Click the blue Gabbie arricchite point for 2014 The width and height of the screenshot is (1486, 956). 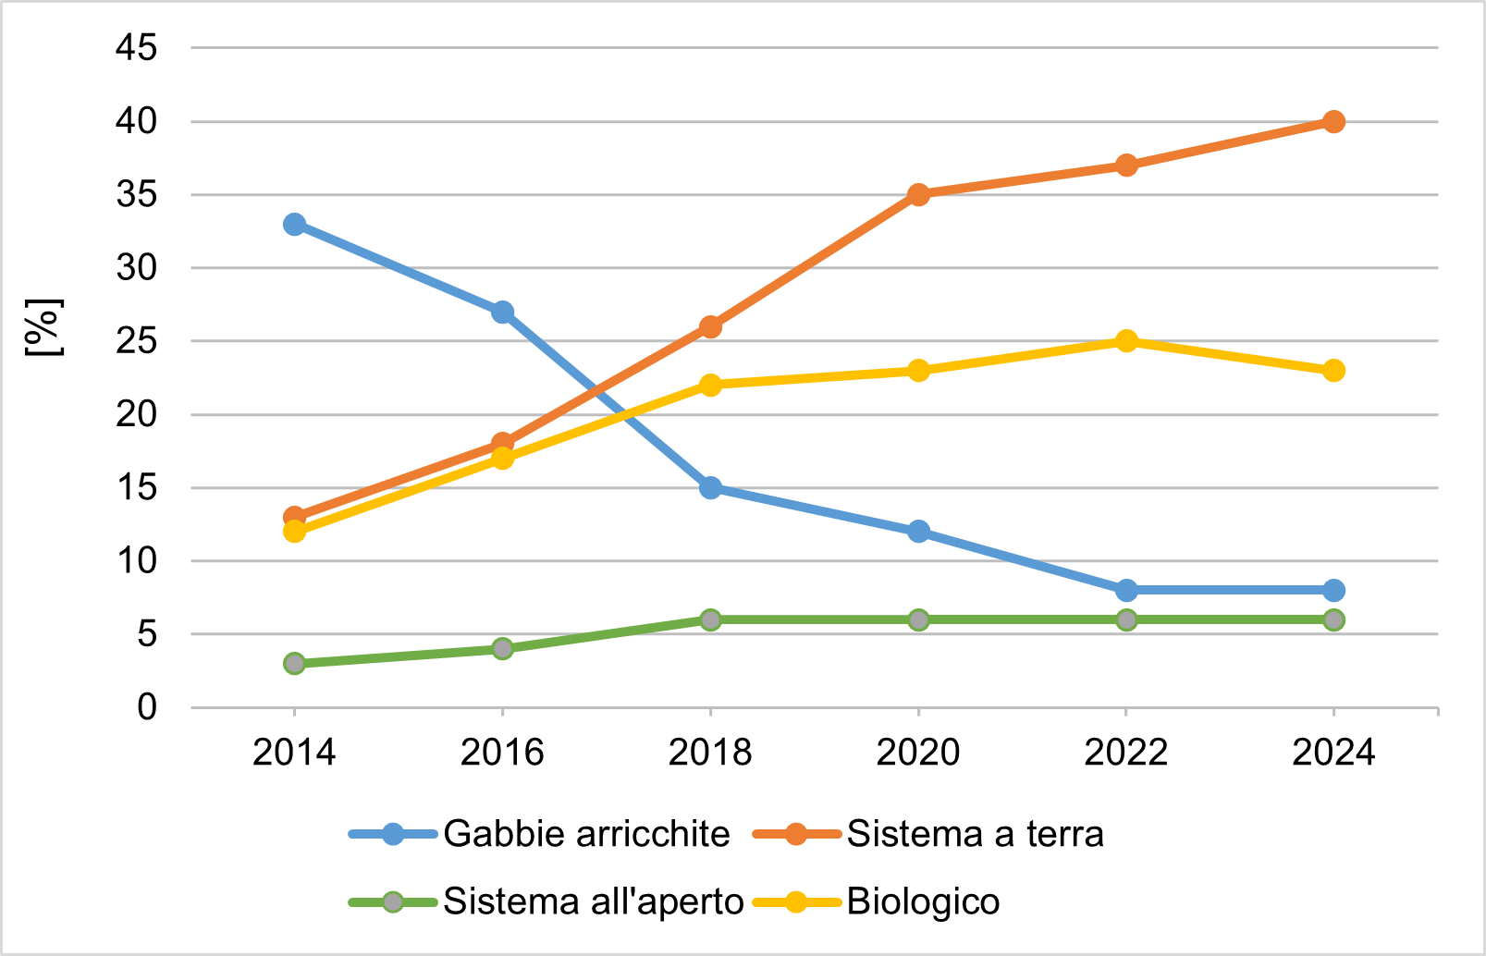point(295,225)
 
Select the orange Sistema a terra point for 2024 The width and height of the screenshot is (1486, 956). point(1333,122)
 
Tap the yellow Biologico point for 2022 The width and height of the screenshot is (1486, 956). point(1126,341)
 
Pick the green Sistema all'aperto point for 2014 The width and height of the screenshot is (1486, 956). point(295,663)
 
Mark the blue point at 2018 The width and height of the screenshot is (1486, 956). point(710,487)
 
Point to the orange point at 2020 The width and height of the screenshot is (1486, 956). point(918,195)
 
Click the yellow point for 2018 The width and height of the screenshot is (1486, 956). point(710,385)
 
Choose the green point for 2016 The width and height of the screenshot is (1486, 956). point(502,648)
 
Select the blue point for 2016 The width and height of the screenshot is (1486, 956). point(502,312)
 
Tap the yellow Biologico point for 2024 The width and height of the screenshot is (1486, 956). point(1333,371)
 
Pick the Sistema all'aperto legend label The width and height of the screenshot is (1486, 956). point(593,901)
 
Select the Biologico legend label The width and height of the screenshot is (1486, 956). point(923,901)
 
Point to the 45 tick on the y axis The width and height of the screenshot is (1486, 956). point(136,48)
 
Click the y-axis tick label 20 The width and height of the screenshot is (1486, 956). point(136,414)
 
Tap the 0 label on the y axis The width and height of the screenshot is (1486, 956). point(147,707)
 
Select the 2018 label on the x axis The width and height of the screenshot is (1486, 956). point(710,753)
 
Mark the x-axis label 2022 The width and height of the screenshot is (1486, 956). point(1126,753)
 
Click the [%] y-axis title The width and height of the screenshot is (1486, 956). point(43,327)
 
